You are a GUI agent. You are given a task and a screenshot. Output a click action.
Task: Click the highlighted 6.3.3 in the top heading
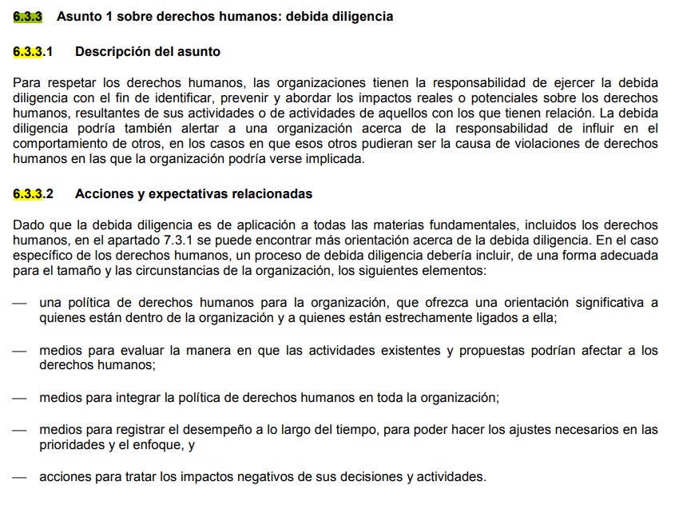pyautogui.click(x=27, y=16)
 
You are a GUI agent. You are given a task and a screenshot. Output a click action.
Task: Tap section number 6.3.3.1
pyautogui.click(x=33, y=51)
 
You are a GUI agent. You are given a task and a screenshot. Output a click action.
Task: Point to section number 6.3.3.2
pyautogui.click(x=33, y=193)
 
